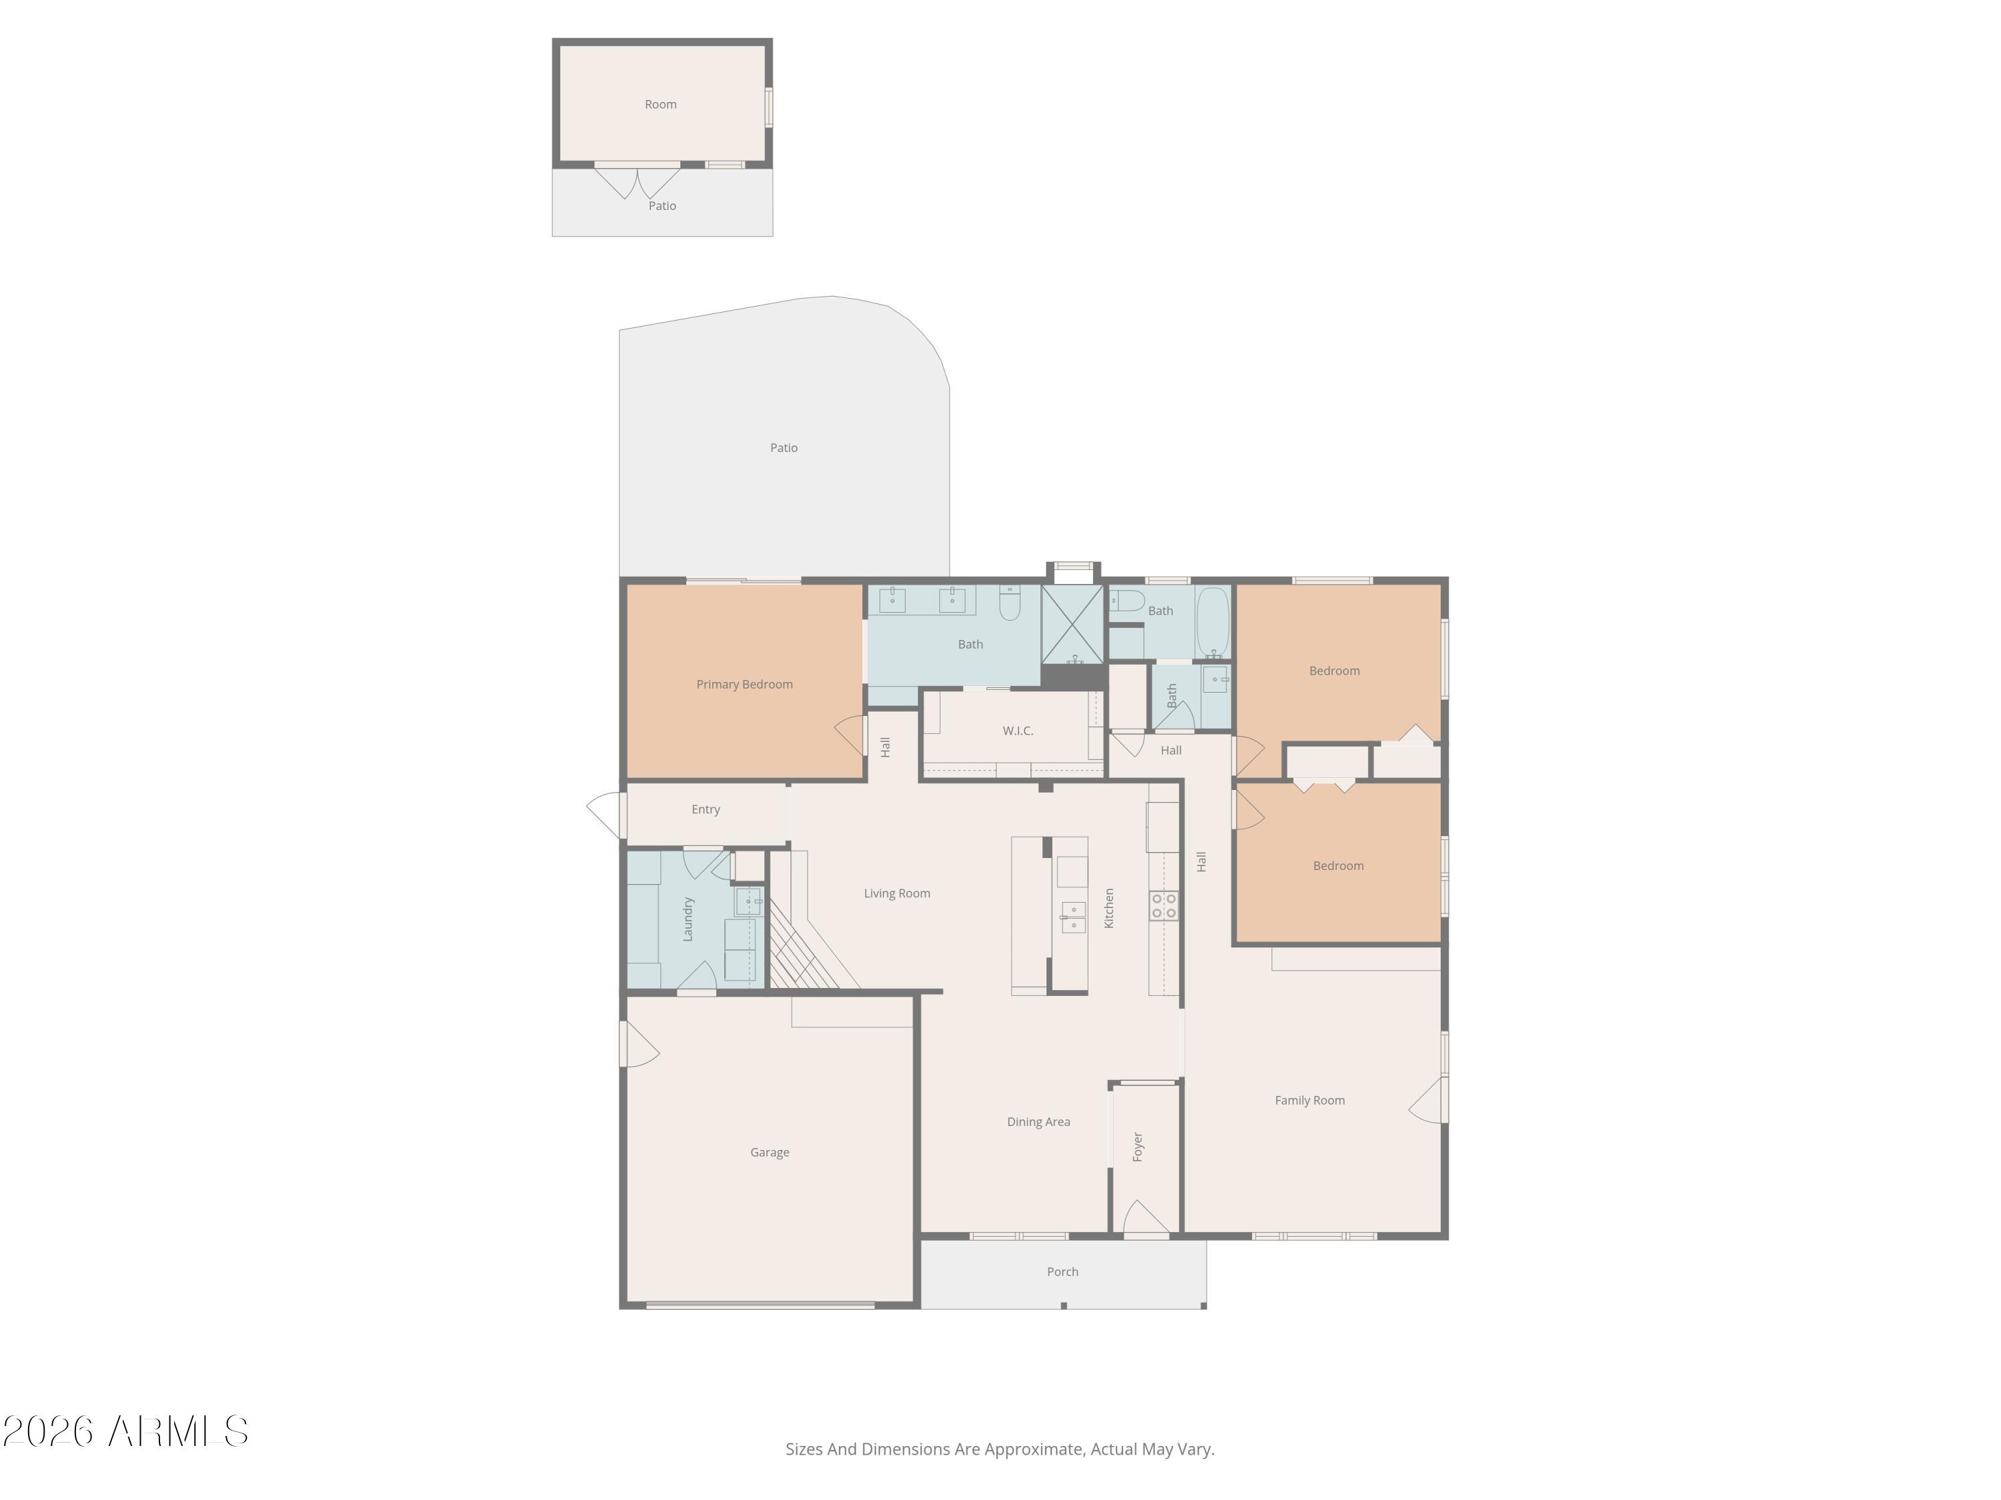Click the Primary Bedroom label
pyautogui.click(x=744, y=685)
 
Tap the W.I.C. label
pyautogui.click(x=1018, y=731)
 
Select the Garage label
pyautogui.click(x=769, y=1152)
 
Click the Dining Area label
pyautogui.click(x=1038, y=1122)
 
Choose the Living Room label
pyautogui.click(x=896, y=893)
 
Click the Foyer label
pyautogui.click(x=1138, y=1147)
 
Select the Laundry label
pyautogui.click(x=688, y=919)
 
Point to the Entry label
pyautogui.click(x=706, y=809)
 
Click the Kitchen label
pyautogui.click(x=1109, y=908)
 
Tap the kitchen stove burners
pyautogui.click(x=1163, y=906)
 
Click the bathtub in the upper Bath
pyautogui.click(x=1213, y=622)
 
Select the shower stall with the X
pyautogui.click(x=1072, y=624)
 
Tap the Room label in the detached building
pyautogui.click(x=660, y=104)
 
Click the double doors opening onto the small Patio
pyautogui.click(x=637, y=181)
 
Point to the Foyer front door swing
pyautogui.click(x=1145, y=1217)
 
